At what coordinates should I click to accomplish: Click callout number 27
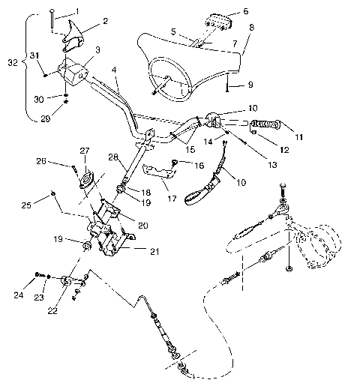tap(85, 150)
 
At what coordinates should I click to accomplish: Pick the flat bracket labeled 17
tap(158, 172)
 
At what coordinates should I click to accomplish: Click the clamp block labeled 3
tap(73, 73)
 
